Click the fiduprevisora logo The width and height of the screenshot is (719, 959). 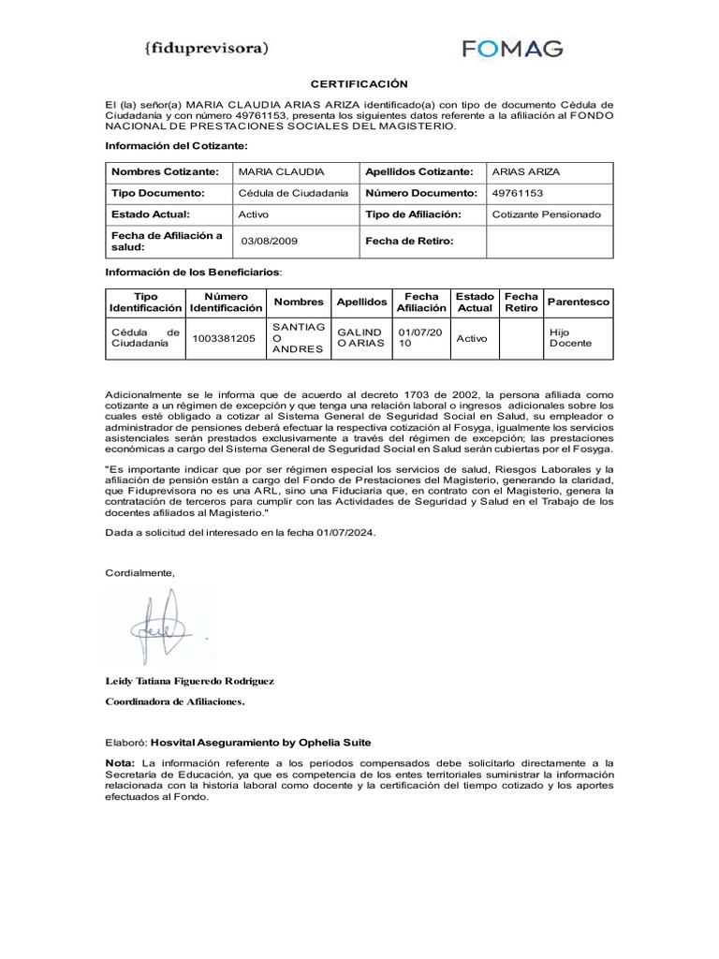click(207, 46)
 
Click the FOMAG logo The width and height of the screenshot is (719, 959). click(512, 48)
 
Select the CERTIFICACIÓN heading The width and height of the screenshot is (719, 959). click(359, 84)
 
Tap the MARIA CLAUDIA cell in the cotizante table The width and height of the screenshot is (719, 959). click(282, 172)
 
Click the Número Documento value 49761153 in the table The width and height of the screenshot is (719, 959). click(518, 193)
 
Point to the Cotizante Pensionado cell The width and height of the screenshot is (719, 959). click(547, 214)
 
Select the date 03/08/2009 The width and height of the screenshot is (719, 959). click(270, 241)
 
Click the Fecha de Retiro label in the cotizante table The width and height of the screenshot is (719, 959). click(409, 241)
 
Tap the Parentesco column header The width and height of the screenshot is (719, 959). click(579, 302)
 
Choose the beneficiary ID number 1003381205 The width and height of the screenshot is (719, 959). click(224, 338)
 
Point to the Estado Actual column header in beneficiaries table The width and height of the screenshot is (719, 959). click(474, 302)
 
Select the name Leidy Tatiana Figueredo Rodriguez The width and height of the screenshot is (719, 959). click(189, 681)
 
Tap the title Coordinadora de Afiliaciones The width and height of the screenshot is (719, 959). click(174, 701)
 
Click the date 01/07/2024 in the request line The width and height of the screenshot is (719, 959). click(343, 532)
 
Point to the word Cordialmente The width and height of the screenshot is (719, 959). click(139, 572)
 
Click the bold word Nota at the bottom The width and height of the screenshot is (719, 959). click(120, 763)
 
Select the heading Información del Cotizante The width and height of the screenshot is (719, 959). click(177, 146)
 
